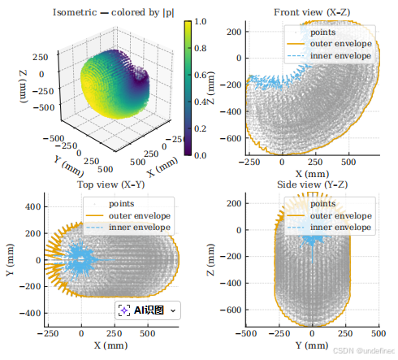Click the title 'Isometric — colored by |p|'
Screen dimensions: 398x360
pyautogui.click(x=113, y=12)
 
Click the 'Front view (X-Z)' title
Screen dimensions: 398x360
pyautogui.click(x=312, y=12)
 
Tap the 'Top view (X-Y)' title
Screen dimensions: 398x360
pyautogui.click(x=111, y=184)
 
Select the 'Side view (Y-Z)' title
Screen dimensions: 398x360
pyautogui.click(x=312, y=184)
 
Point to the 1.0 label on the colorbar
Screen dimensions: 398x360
pyautogui.click(x=201, y=21)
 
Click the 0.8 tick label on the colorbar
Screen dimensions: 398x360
pyautogui.click(x=201, y=48)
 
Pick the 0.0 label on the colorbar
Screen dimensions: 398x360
pyautogui.click(x=201, y=155)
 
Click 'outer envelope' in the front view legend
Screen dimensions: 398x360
pyautogui.click(x=341, y=44)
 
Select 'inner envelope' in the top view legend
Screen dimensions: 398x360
pyautogui.click(x=140, y=227)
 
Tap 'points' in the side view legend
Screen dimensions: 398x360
pyautogui.click(x=322, y=204)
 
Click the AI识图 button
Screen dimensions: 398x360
pyautogui.click(x=148, y=310)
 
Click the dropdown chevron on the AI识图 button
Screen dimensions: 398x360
pyautogui.click(x=173, y=310)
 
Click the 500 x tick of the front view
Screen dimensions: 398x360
pyautogui.click(x=348, y=162)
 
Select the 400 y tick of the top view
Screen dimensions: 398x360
pyautogui.click(x=33, y=206)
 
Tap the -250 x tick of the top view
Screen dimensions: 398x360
pyautogui.click(x=48, y=333)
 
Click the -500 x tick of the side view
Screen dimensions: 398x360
pyautogui.click(x=246, y=333)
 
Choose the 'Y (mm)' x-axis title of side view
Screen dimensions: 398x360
pyautogui.click(x=312, y=345)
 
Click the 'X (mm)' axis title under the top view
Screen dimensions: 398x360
pyautogui.click(x=111, y=345)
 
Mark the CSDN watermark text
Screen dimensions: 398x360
pyautogui.click(x=364, y=351)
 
